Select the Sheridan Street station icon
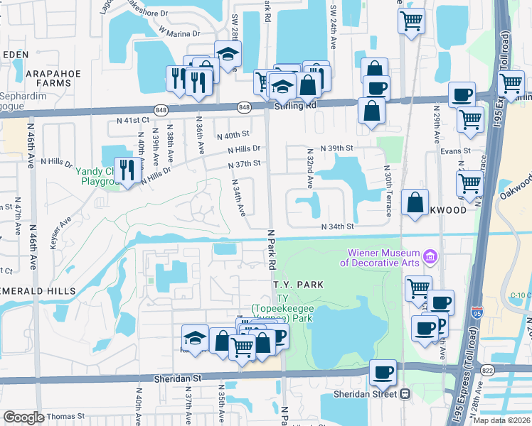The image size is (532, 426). tap(406, 393)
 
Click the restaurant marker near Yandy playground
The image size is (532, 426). tap(128, 170)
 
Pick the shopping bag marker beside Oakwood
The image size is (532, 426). tap(415, 203)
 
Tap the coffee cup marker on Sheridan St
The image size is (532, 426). tap(383, 372)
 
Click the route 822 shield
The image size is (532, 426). tap(488, 370)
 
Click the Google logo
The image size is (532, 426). tap(23, 417)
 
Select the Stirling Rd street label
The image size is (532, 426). tap(294, 105)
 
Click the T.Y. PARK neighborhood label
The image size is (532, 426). tap(299, 284)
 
